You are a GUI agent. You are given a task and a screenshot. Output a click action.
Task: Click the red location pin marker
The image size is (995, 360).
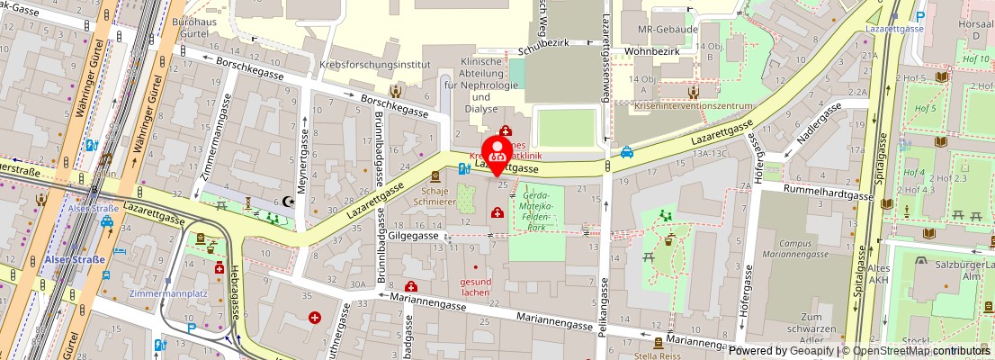click(496, 153)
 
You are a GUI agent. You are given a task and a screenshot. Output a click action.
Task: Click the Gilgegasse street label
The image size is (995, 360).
click(413, 235)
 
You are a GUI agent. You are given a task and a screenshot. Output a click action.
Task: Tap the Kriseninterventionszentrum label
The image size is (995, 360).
click(693, 106)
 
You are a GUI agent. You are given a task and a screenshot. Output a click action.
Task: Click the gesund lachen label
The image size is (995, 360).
click(476, 285)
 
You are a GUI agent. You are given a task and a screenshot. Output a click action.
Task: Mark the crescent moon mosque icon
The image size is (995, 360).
click(289, 202)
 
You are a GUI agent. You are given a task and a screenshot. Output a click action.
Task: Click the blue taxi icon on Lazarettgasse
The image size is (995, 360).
click(626, 152)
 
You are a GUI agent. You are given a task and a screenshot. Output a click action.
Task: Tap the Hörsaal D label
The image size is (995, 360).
click(976, 31)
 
